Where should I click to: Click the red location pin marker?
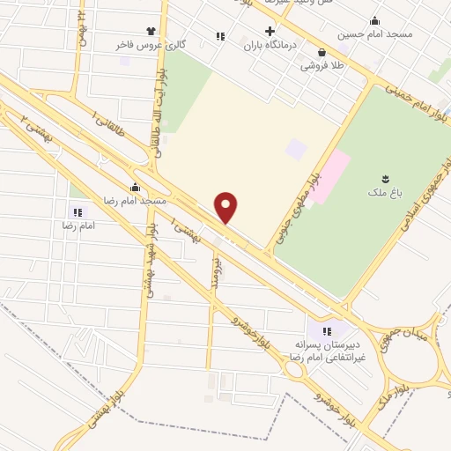click(227, 208)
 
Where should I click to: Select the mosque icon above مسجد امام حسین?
click(375, 21)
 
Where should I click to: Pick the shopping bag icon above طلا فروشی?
click(322, 51)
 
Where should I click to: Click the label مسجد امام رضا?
click(134, 200)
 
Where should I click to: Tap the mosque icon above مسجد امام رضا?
click(134, 187)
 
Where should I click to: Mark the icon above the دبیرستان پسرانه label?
click(327, 331)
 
